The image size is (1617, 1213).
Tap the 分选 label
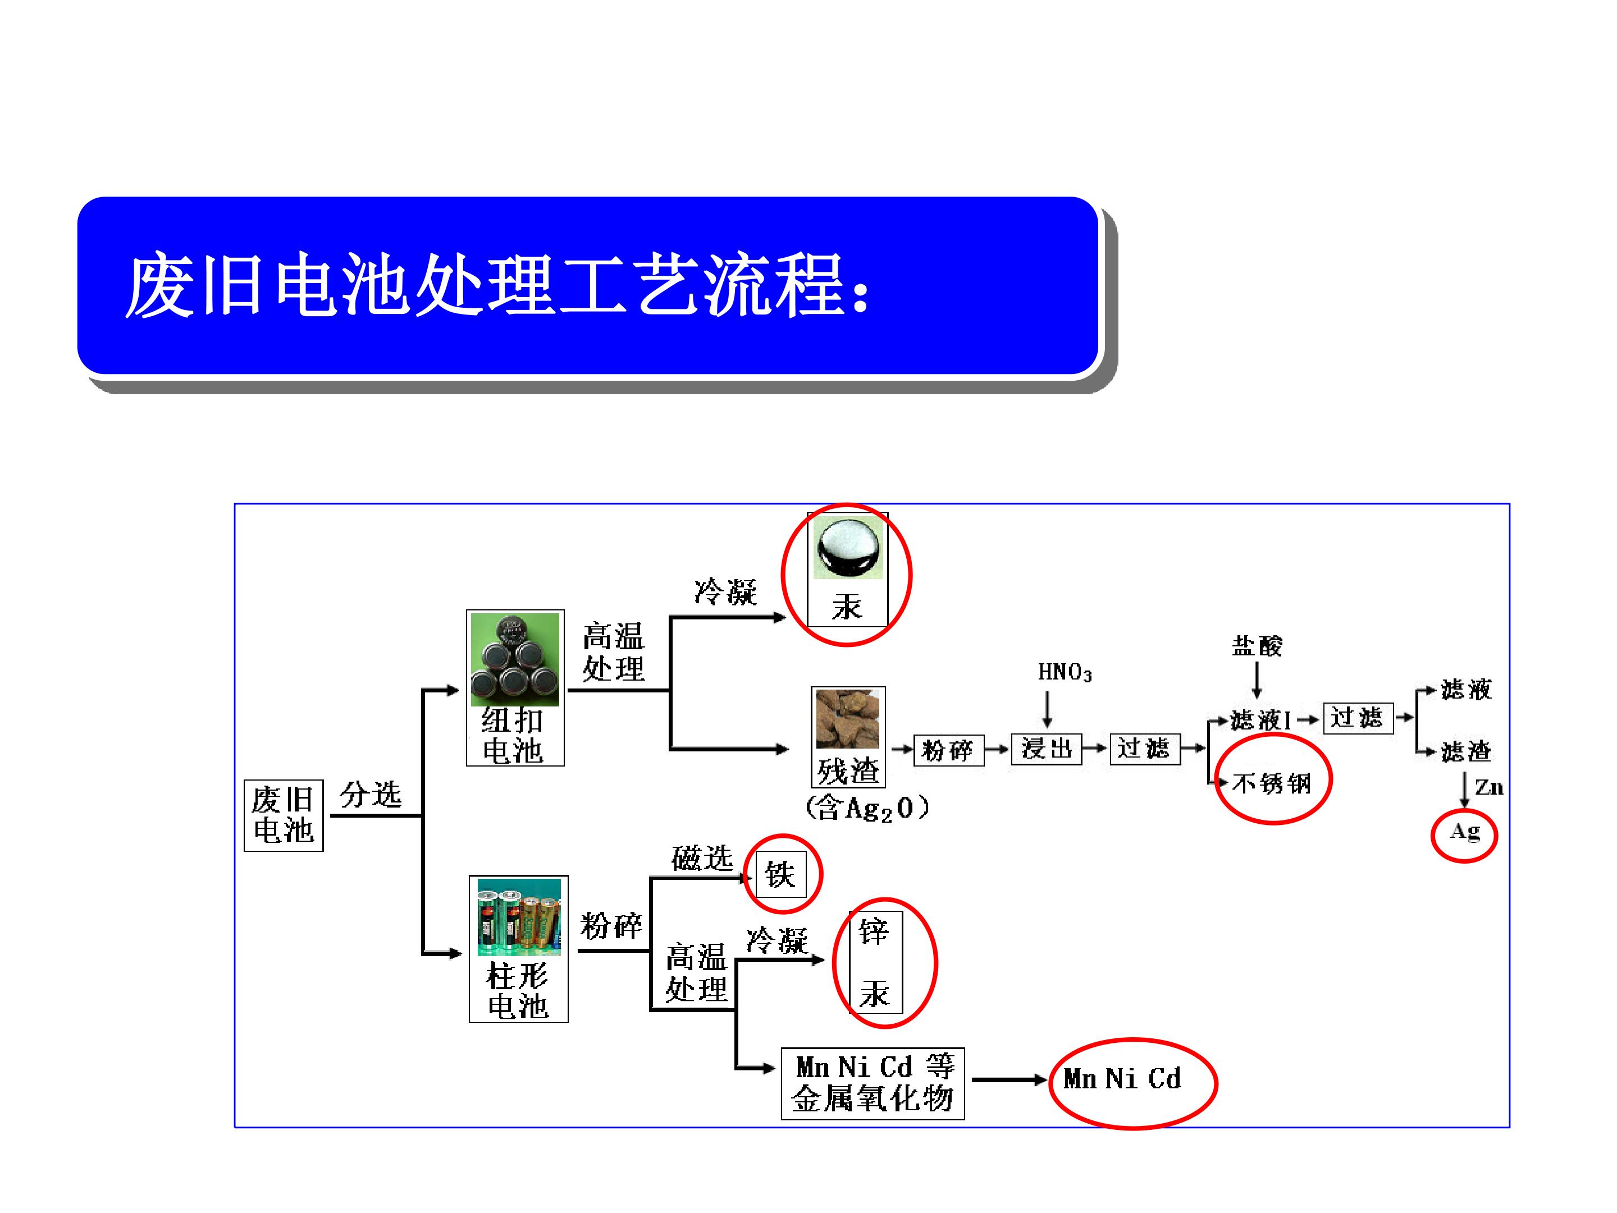pyautogui.click(x=371, y=795)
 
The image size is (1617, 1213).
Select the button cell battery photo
pyautogui.click(x=515, y=659)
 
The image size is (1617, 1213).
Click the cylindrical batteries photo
pyautogui.click(x=519, y=917)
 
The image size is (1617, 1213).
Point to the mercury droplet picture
pyautogui.click(x=849, y=547)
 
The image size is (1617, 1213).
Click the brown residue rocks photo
pyautogui.click(x=848, y=718)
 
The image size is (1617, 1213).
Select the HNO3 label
pyautogui.click(x=1065, y=673)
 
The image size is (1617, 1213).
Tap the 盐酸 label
pyautogui.click(x=1257, y=646)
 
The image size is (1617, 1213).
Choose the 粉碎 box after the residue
pyautogui.click(x=949, y=750)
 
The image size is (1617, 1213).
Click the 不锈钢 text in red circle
pyautogui.click(x=1271, y=783)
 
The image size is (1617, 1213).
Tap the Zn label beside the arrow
pyautogui.click(x=1489, y=787)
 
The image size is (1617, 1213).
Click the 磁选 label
pyautogui.click(x=702, y=858)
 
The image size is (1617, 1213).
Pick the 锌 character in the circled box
pyautogui.click(x=874, y=932)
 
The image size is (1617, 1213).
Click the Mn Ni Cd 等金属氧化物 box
pyautogui.click(x=873, y=1084)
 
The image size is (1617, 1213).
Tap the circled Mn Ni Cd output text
pyautogui.click(x=1122, y=1078)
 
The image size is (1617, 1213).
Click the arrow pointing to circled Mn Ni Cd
pyautogui.click(x=1010, y=1080)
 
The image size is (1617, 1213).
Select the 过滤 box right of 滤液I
pyautogui.click(x=1358, y=718)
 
